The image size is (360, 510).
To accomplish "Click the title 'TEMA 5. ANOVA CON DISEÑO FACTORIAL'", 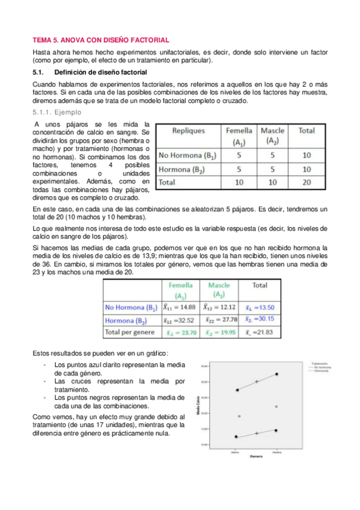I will (x=100, y=39).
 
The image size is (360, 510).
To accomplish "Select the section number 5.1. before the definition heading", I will (x=40, y=72).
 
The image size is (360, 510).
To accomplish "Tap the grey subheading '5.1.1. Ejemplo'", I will (x=59, y=112).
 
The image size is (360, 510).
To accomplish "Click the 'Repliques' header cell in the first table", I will (x=189, y=131).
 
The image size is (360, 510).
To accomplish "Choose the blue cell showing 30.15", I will (x=260, y=319).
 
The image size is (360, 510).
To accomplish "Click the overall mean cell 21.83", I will (x=260, y=332).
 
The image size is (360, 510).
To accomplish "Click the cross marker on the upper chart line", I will (x=257, y=381).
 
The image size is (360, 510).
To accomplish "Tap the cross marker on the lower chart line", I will (x=257, y=433).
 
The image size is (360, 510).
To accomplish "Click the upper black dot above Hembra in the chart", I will (x=276, y=374).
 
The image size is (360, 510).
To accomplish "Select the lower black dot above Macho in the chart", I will (x=236, y=437).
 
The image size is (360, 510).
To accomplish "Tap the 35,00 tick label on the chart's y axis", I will (x=204, y=366).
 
